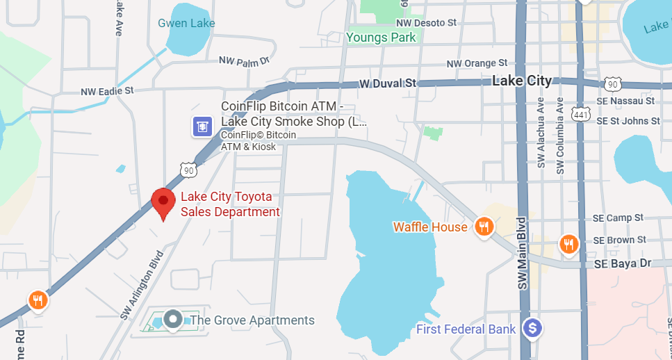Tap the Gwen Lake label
pyautogui.click(x=186, y=24)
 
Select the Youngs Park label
pyautogui.click(x=381, y=38)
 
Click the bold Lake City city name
pyautogui.click(x=521, y=81)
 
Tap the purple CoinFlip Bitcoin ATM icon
pyautogui.click(x=202, y=126)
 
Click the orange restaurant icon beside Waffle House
pyautogui.click(x=484, y=226)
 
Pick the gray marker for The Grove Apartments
pyautogui.click(x=172, y=320)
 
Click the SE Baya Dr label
pyautogui.click(x=622, y=264)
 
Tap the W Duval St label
pyautogui.click(x=387, y=83)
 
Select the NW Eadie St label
pyautogui.click(x=107, y=91)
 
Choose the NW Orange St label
pyautogui.click(x=477, y=64)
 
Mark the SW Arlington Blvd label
pyautogui.click(x=140, y=286)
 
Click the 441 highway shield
pyautogui.click(x=580, y=113)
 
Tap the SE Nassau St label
pyautogui.click(x=625, y=101)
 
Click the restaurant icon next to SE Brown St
pyautogui.click(x=568, y=244)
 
